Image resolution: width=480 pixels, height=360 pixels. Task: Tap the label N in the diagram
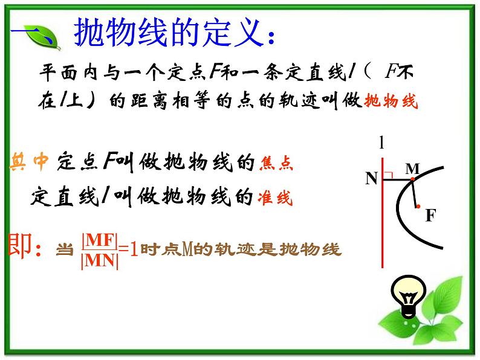[371, 178]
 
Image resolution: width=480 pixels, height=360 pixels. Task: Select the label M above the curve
[412, 169]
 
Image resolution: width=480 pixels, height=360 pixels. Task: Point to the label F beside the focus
[430, 216]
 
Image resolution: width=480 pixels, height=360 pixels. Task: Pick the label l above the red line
[381, 143]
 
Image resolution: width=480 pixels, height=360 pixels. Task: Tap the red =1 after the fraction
[129, 249]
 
